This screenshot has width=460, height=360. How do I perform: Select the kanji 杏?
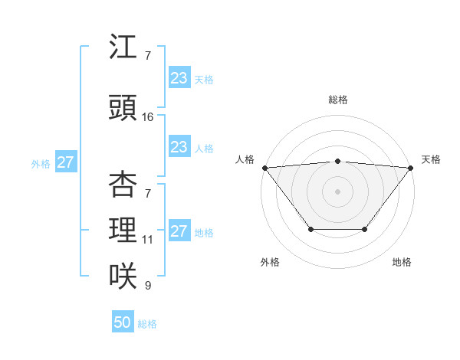coord(123,184)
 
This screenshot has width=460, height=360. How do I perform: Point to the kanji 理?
coord(123,230)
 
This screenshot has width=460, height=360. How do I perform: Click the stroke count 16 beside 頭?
coord(148,116)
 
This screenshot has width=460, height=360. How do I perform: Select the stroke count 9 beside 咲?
coord(147,286)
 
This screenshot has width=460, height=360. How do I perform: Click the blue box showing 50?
coord(123,322)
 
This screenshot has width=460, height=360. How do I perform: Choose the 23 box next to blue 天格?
coord(179,77)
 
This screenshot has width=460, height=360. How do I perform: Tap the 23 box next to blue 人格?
coord(179,147)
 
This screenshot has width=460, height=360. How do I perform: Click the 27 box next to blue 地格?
coord(179,231)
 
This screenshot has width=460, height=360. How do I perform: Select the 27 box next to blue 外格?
coord(65,162)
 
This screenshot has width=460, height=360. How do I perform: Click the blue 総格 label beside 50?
coord(147,324)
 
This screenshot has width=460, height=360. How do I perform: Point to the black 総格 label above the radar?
coord(338,100)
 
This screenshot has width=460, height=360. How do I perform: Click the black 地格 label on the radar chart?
coord(402,262)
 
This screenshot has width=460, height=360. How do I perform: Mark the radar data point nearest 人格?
coord(264,168)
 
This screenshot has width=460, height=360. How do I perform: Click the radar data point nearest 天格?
coord(411,168)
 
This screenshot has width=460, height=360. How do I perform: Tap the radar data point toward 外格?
coord(310,229)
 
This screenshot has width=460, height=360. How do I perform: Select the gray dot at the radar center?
coord(338,191)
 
